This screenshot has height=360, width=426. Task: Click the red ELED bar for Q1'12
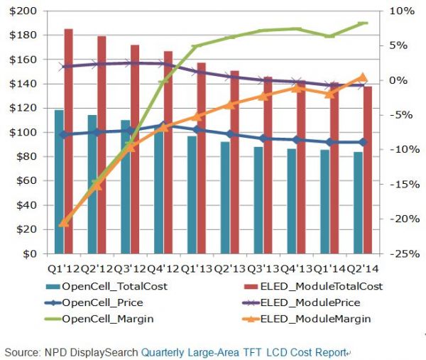tap(68, 142)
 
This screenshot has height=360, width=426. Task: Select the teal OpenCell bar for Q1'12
tap(59, 182)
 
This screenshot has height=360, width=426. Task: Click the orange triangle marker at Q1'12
tap(64, 222)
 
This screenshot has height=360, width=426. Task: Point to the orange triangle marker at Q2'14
tap(362, 77)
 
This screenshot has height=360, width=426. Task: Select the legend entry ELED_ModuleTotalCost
tap(308, 286)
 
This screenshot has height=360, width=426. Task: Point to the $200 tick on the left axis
tap(25, 11)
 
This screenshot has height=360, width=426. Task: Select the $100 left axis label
tap(25, 133)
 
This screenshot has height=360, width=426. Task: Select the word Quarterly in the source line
tap(164, 351)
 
